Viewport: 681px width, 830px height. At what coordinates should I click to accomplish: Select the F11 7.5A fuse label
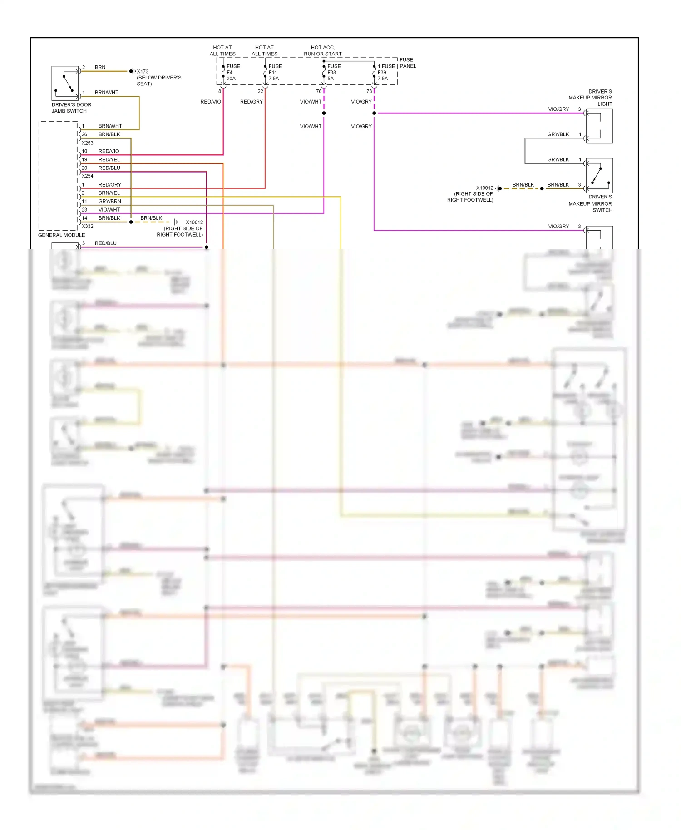[275, 72]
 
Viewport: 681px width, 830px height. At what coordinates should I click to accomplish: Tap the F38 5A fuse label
[333, 72]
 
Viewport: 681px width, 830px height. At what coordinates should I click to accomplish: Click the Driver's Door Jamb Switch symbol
[65, 83]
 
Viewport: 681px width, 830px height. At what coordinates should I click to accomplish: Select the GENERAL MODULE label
[61, 235]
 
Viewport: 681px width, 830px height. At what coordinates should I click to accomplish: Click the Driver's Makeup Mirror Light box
[599, 126]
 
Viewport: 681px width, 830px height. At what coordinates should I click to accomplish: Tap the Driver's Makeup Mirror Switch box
[599, 175]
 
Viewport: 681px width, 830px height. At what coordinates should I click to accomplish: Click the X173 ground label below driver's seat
[143, 71]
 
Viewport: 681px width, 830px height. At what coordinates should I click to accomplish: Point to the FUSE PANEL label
[407, 63]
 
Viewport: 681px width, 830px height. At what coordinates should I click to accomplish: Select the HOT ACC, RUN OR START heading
[323, 50]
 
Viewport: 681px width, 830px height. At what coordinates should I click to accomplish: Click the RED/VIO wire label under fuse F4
[211, 102]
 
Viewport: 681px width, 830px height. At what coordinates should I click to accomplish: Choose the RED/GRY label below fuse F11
[251, 102]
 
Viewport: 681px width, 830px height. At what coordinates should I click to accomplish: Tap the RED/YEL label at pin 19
[109, 159]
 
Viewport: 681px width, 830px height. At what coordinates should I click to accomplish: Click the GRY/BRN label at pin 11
[109, 201]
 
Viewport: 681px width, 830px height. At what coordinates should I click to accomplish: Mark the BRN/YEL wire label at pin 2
[109, 193]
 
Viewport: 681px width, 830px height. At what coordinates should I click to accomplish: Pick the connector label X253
[87, 143]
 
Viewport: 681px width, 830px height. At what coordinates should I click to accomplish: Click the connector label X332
[87, 226]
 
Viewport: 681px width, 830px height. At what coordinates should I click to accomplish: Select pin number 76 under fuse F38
[319, 91]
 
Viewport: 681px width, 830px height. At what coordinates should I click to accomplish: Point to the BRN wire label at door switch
[100, 67]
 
